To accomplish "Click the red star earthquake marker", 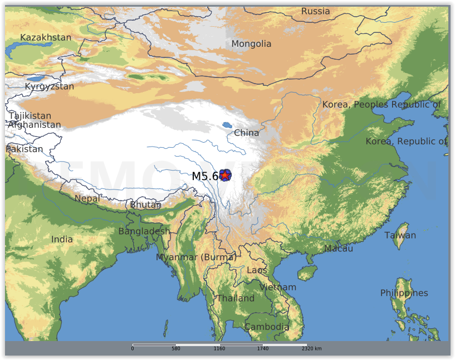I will click(224, 176).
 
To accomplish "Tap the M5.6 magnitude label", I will click(205, 176).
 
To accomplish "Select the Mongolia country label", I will click(251, 44).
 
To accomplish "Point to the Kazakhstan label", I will click(46, 37).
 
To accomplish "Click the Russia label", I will click(315, 11).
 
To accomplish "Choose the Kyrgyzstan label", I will click(49, 86).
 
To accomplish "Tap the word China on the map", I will click(246, 133).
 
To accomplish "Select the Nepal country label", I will click(87, 198).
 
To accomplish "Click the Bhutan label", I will click(145, 205).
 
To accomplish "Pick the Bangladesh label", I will click(144, 231).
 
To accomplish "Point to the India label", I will click(62, 239).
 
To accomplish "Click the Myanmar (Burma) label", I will click(196, 257).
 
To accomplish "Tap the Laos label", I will click(257, 270).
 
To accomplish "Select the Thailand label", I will click(235, 298).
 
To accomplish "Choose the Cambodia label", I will click(267, 327).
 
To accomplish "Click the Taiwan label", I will click(400, 235).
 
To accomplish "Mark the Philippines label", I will click(404, 293).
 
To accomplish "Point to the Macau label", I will click(338, 249).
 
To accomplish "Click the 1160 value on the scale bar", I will click(219, 349).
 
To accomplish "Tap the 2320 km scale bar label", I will click(311, 349).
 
